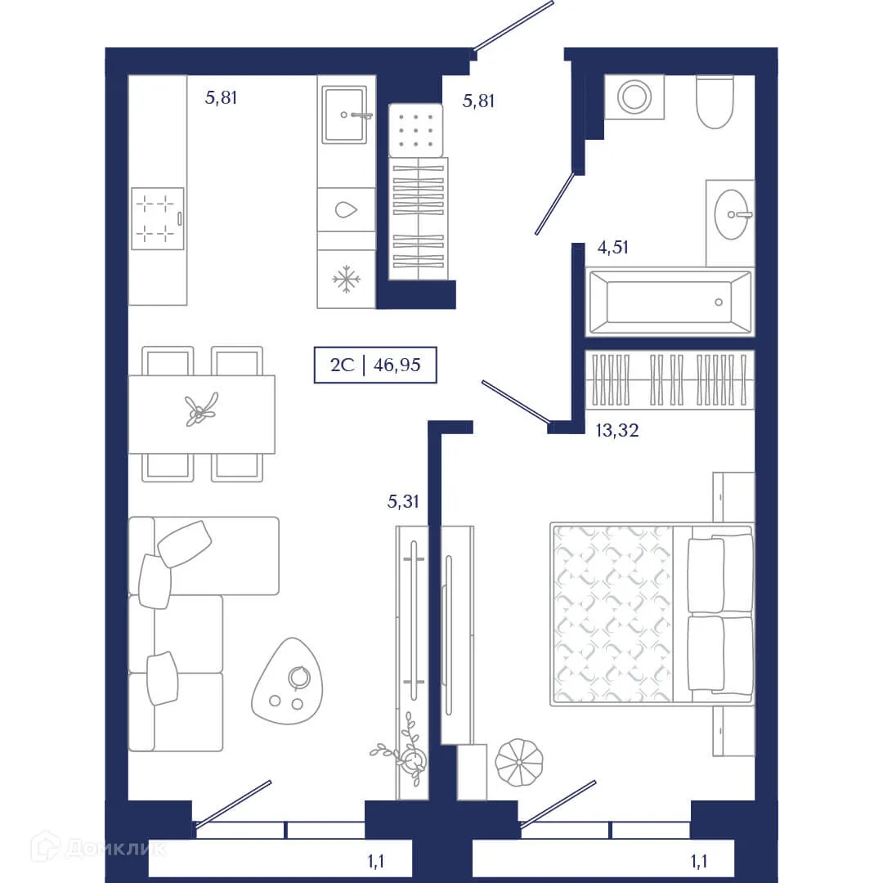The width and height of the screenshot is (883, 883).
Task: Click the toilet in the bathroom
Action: (715, 103)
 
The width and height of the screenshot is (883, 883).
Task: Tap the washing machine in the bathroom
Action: (634, 96)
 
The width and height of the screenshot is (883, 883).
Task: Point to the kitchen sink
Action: (347, 115)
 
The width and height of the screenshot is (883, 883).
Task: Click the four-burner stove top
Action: (157, 218)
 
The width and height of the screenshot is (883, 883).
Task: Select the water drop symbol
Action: (347, 209)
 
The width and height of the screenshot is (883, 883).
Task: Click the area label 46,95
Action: (397, 365)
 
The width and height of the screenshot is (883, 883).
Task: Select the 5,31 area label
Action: (403, 502)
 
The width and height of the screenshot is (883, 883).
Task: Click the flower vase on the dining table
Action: (201, 409)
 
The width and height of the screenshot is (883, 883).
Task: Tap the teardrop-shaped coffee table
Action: (287, 681)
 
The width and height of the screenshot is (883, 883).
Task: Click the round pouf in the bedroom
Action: (519, 763)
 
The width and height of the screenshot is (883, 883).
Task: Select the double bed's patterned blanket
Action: (612, 613)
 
